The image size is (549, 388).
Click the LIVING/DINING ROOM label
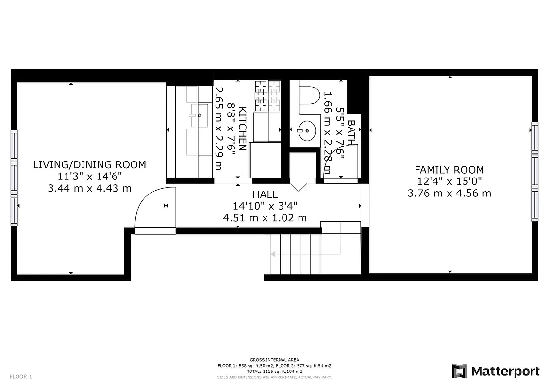coord(89,165)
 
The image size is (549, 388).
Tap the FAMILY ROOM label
coord(449,170)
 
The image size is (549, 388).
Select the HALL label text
coord(265,194)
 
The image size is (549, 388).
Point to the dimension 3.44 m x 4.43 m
coord(89,188)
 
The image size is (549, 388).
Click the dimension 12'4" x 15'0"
coord(449,181)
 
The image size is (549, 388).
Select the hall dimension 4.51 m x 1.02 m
coord(265,218)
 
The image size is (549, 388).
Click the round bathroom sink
coord(306,130)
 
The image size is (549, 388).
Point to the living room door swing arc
coord(146,204)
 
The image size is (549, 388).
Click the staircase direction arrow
coord(273,254)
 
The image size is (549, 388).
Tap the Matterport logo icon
coord(459,371)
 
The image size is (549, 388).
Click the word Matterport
coord(505,372)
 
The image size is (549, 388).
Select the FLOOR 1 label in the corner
coord(20,376)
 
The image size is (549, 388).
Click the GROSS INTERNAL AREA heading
coord(274,360)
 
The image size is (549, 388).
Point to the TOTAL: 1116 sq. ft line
coord(274,371)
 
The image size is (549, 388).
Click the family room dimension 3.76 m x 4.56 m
coord(449,193)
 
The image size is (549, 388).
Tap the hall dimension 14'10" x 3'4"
coord(265,206)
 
